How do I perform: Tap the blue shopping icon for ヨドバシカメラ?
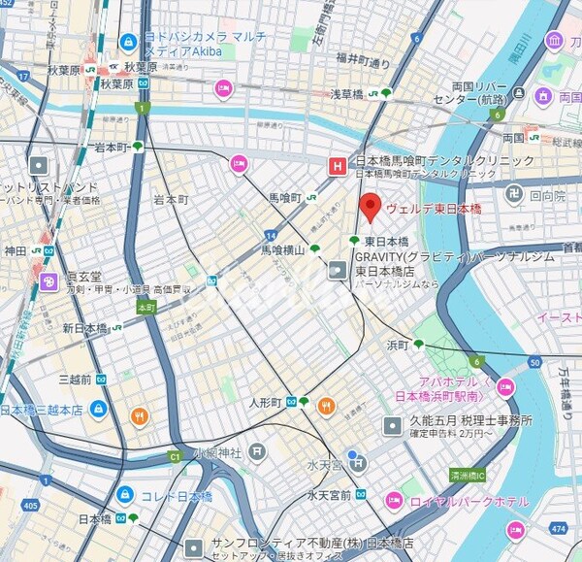click(x=128, y=43)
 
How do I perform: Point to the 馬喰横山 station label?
click(x=283, y=249)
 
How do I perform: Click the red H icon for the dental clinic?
click(x=337, y=166)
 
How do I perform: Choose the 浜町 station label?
click(x=399, y=345)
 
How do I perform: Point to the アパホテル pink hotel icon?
click(x=504, y=388)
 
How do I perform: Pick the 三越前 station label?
click(x=75, y=379)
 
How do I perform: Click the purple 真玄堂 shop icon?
click(x=48, y=281)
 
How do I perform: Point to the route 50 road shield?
click(x=534, y=362)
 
